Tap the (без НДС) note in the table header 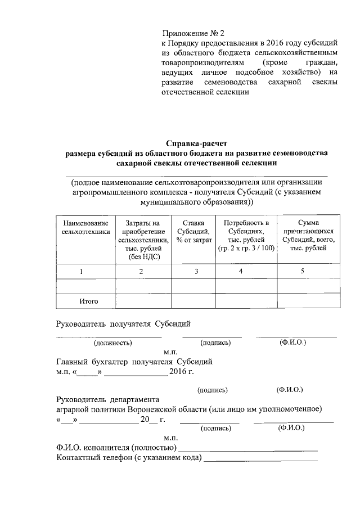(x=141, y=256)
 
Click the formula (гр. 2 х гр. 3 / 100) (x=245, y=248)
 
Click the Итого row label (x=89, y=301)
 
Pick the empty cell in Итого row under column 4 (x=245, y=301)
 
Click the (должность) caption (x=113, y=342)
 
